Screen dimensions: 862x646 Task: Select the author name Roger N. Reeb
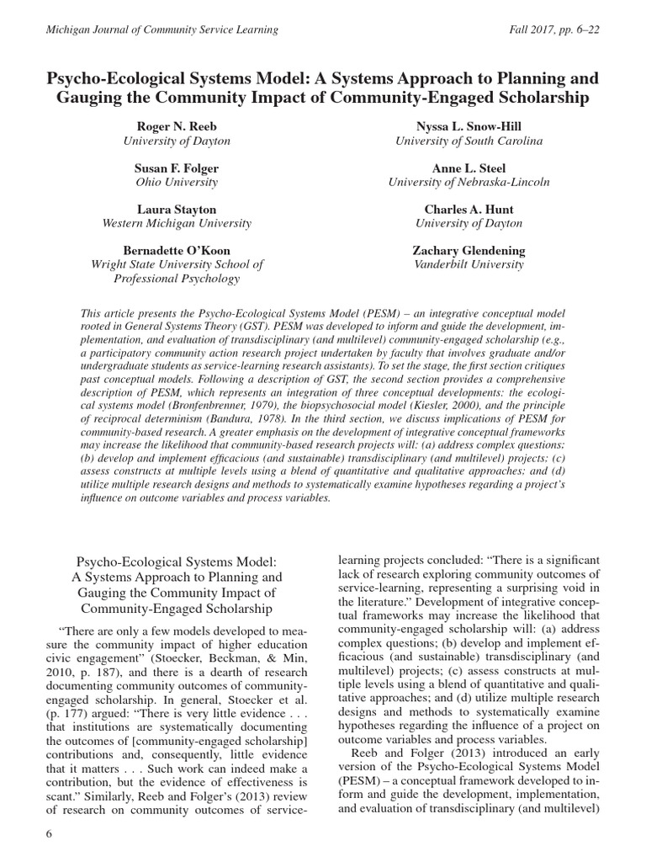[177, 126]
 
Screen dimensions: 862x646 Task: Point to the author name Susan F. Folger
[177, 168]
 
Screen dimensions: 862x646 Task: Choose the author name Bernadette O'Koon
[177, 250]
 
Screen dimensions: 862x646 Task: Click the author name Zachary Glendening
[469, 250]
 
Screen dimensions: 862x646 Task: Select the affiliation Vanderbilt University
[469, 264]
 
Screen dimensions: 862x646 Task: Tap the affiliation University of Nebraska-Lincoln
[469, 182]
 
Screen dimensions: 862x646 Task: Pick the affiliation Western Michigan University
[177, 223]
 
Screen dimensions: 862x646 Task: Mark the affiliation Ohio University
[177, 182]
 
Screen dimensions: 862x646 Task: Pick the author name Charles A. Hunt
[469, 209]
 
